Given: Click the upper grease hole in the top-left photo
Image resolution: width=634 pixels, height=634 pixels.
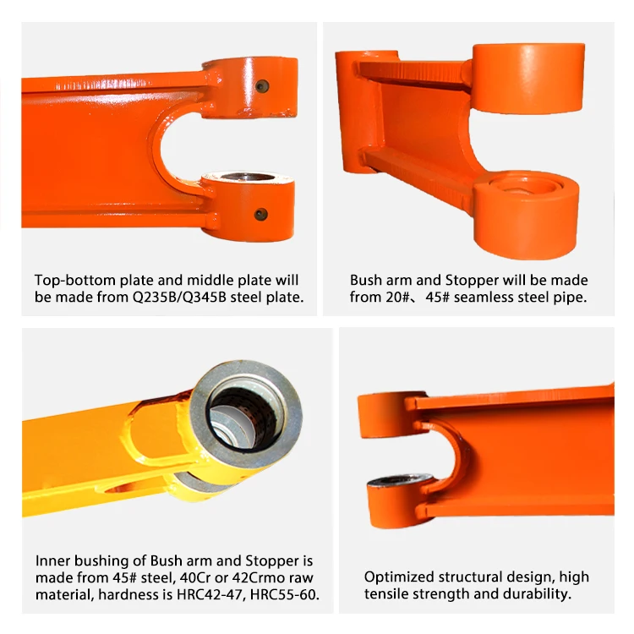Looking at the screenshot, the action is [x=262, y=85].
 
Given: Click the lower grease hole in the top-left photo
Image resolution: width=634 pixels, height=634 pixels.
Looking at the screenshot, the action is [x=261, y=215].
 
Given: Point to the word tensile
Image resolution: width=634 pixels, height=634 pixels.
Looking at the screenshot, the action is [x=385, y=593].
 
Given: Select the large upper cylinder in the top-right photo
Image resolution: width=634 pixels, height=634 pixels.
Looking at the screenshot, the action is [x=528, y=78].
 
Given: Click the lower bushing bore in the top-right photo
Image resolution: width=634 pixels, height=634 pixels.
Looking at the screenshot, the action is [x=526, y=186].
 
